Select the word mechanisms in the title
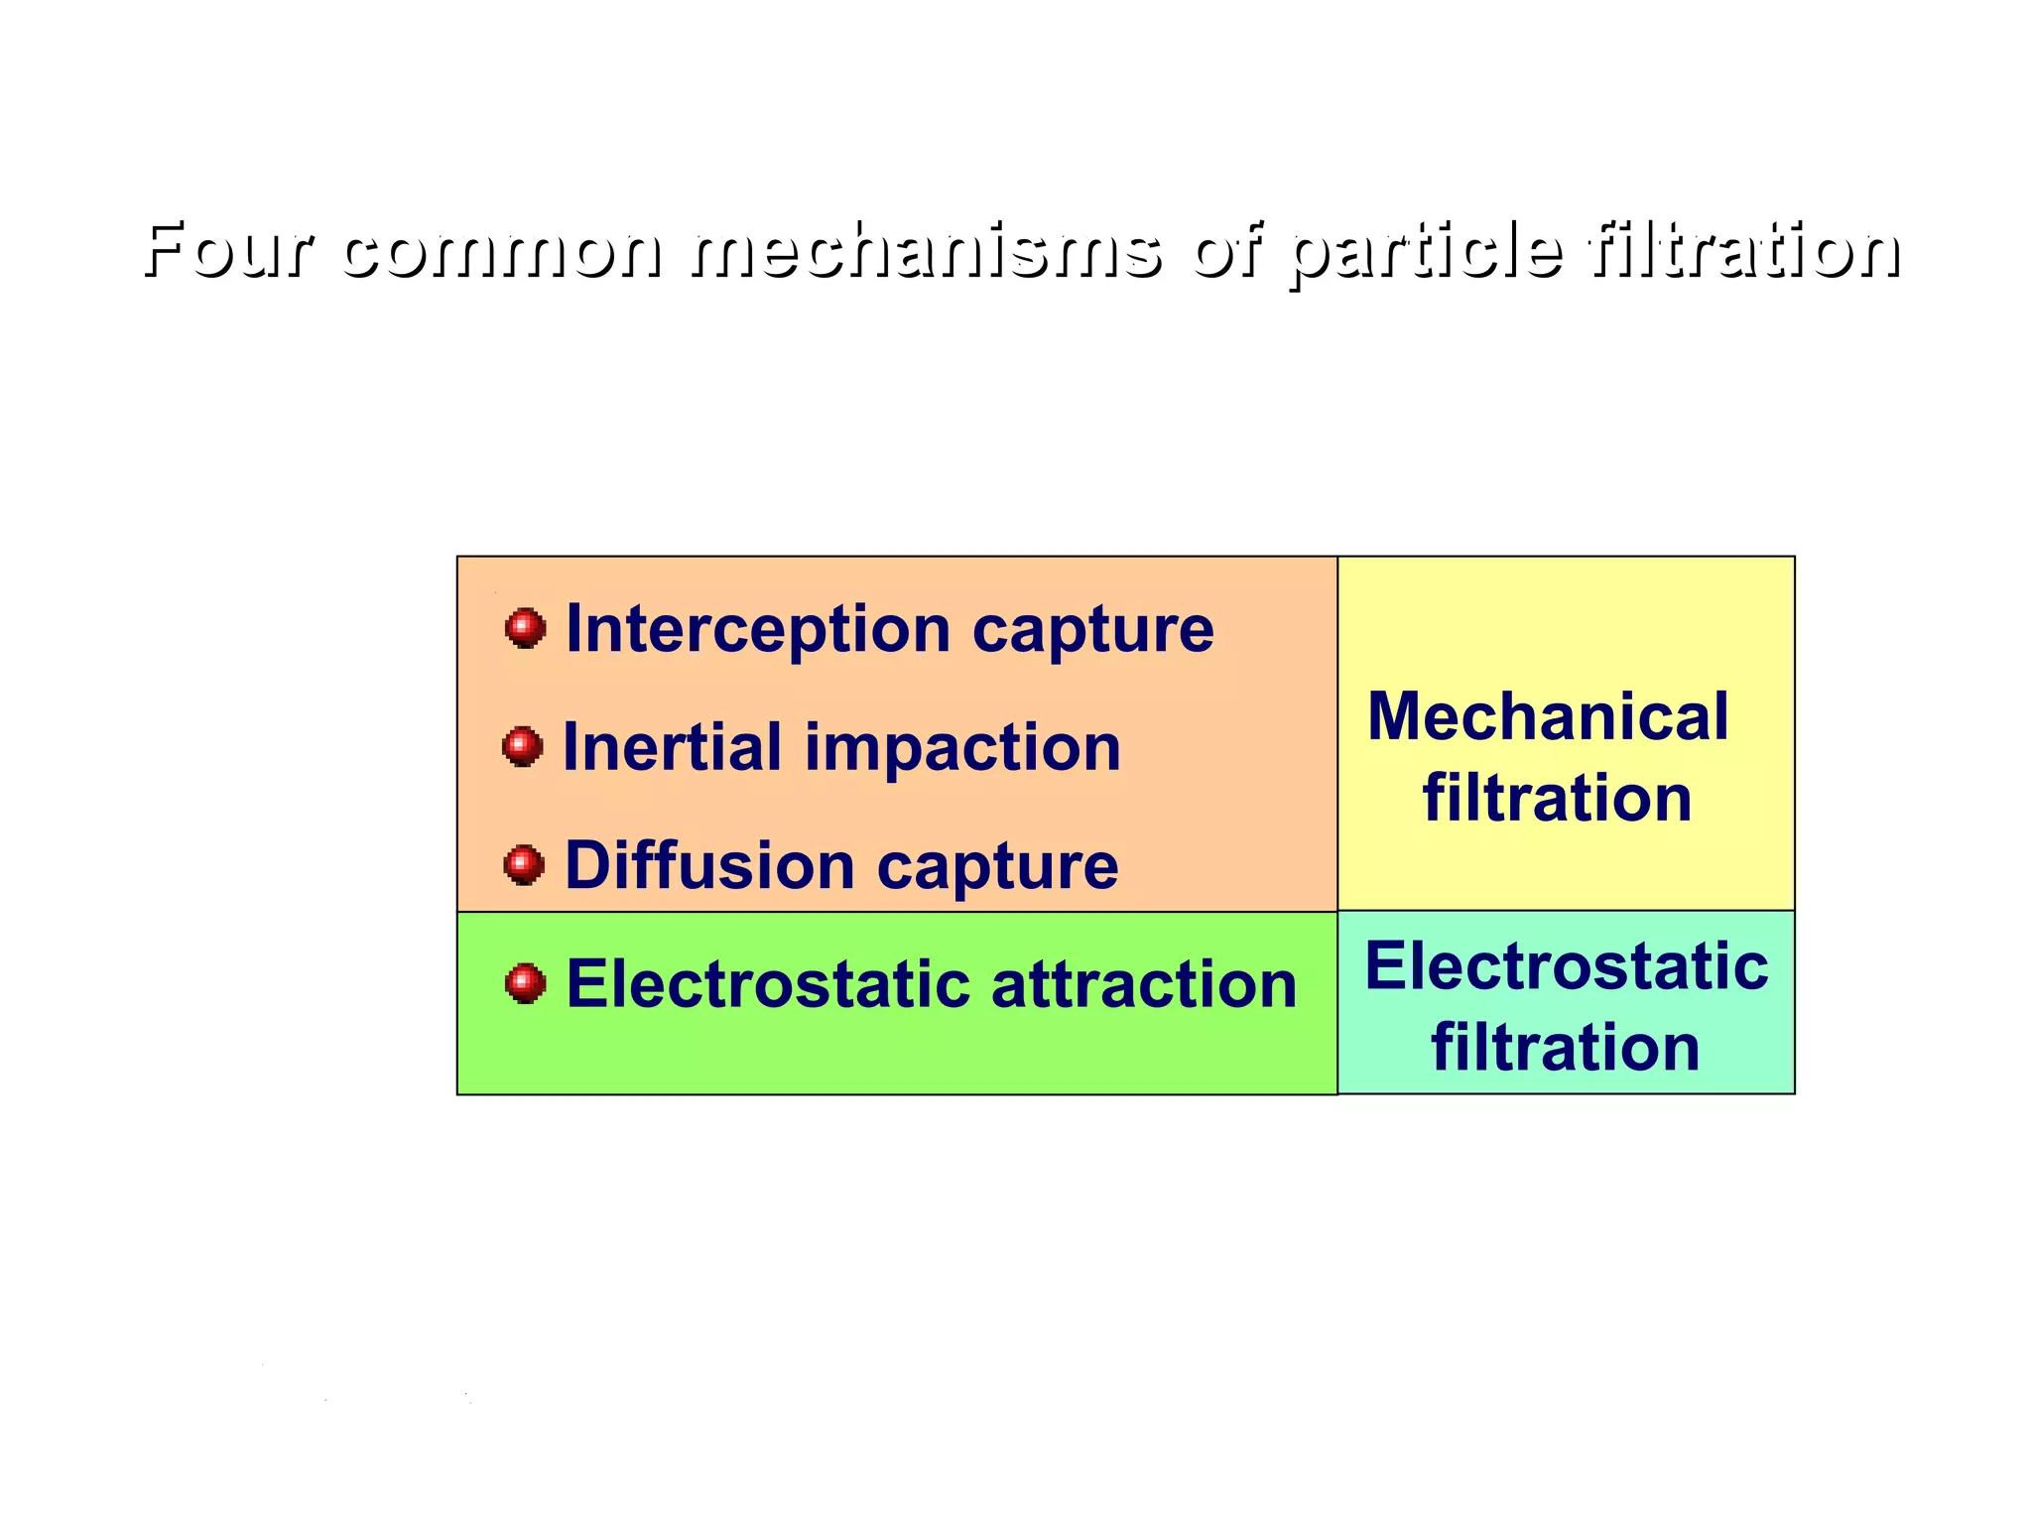point(926,249)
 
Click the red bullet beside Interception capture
point(525,628)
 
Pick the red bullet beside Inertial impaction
point(523,747)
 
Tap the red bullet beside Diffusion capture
point(524,865)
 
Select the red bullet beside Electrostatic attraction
point(525,983)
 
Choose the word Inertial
point(673,747)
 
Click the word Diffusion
point(709,865)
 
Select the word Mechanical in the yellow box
point(1548,716)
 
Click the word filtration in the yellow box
point(1557,798)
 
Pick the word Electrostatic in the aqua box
point(1566,966)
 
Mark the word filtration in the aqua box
point(1565,1048)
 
